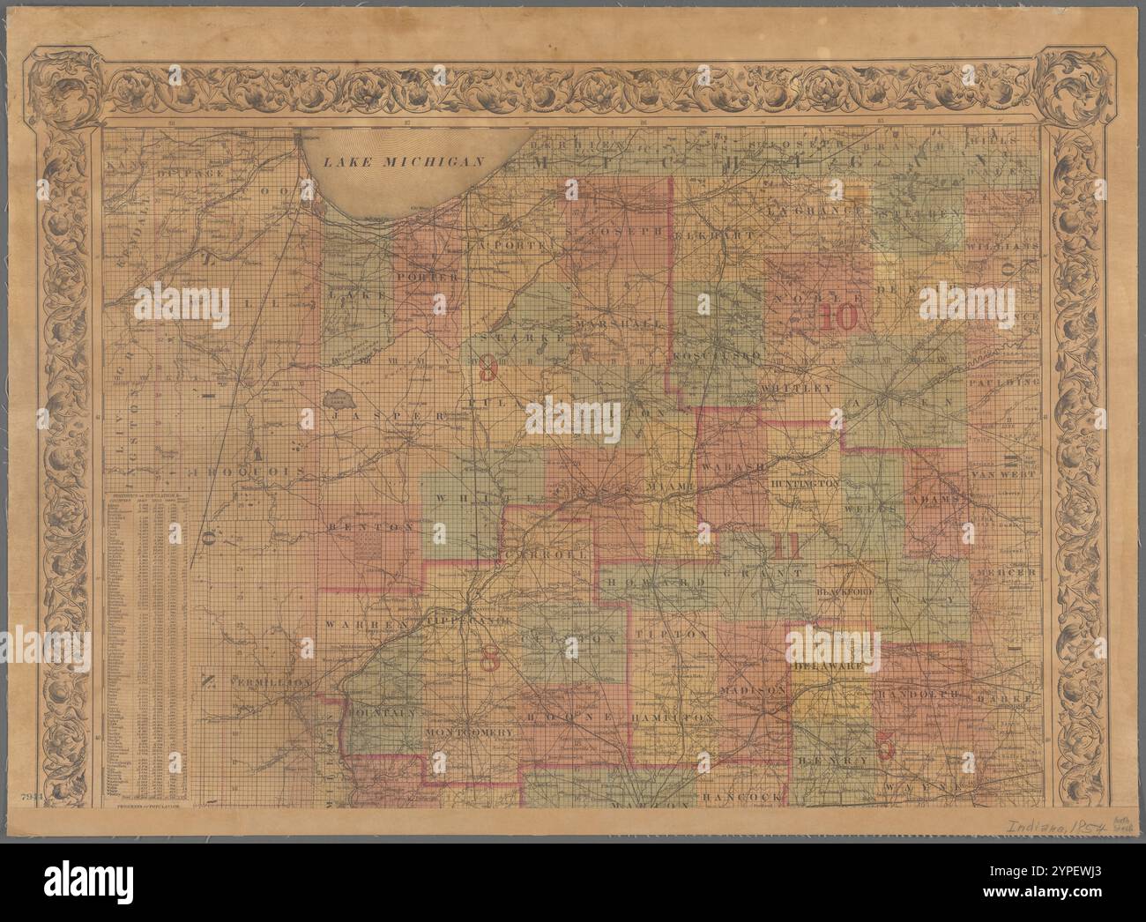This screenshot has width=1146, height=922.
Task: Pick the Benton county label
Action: click(x=361, y=525)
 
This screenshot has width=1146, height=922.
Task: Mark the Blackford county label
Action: click(x=845, y=592)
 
